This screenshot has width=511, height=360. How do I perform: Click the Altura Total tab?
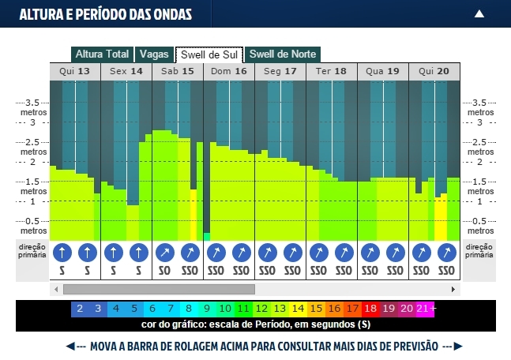tap(102, 54)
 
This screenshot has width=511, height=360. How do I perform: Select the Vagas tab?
tap(154, 54)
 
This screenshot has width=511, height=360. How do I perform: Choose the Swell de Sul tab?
tap(209, 54)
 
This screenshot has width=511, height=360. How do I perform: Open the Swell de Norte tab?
tap(283, 54)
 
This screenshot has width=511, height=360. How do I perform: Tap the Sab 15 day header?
tap(178, 71)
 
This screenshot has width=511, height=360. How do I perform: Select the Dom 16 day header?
tap(229, 71)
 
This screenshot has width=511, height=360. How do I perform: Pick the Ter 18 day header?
tap(331, 71)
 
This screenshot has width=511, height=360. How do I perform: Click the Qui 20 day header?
tap(434, 71)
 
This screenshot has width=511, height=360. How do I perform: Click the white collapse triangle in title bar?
tap(479, 13)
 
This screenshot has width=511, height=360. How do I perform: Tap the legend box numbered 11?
tap(243, 309)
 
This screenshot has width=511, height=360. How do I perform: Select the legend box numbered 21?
tap(423, 309)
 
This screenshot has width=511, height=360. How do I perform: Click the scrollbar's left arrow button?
tap(55, 289)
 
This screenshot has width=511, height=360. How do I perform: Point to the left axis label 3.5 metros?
tap(34, 107)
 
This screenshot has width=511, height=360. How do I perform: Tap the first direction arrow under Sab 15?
tap(165, 253)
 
